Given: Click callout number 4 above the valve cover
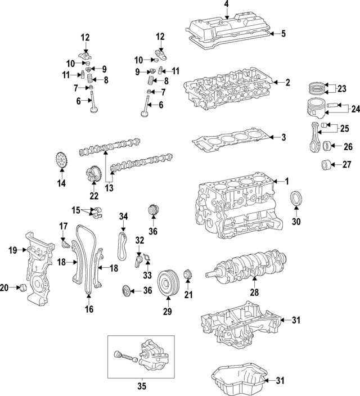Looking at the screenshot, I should [227, 5].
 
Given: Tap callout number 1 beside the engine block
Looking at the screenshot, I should [286, 181].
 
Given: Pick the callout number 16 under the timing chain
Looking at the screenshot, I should [88, 309].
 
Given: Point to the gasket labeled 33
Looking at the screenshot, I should [147, 260].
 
